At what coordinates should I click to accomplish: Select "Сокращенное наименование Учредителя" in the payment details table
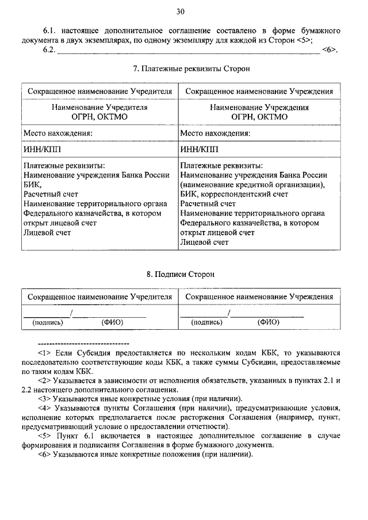101,91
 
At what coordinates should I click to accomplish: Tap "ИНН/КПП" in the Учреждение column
195,149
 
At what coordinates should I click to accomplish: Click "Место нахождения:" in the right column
215,133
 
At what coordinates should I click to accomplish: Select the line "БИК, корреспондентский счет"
233,194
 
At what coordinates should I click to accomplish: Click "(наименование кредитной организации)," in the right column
252,185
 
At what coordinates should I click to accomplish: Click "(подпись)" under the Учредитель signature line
48,322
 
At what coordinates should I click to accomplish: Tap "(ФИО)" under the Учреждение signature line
268,322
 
